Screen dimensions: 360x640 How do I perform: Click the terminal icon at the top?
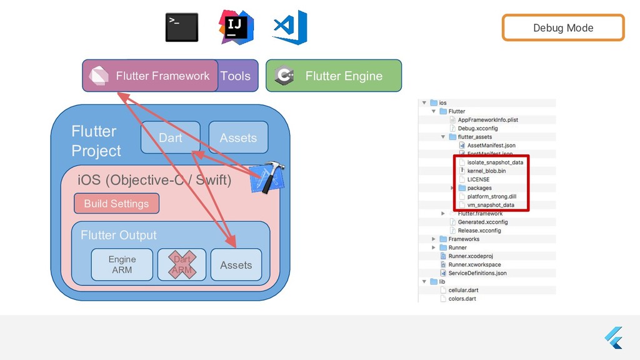(x=182, y=27)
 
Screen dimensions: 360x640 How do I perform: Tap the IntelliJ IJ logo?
(x=236, y=27)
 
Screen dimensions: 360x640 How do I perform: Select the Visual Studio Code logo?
(x=290, y=27)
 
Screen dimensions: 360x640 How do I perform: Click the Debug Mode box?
(x=562, y=27)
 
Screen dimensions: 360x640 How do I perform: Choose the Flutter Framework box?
(x=150, y=76)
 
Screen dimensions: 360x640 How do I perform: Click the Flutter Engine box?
(x=334, y=76)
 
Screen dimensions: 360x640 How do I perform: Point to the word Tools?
(x=236, y=76)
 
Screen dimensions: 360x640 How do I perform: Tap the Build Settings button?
(x=116, y=203)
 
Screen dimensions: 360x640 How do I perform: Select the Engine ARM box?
(x=122, y=264)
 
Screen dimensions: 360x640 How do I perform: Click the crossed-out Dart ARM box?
(x=182, y=264)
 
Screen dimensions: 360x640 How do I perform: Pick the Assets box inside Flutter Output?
(x=236, y=264)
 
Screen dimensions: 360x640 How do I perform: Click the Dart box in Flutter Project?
(x=170, y=137)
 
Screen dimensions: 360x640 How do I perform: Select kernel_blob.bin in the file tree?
(x=486, y=171)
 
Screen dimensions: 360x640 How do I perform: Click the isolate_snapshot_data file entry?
(x=495, y=162)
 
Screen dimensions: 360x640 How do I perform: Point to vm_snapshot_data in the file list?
(x=491, y=205)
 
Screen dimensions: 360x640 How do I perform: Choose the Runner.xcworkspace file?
(x=474, y=264)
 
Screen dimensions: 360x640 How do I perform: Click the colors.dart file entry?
(x=462, y=299)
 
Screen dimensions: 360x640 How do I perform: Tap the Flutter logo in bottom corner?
(x=614, y=338)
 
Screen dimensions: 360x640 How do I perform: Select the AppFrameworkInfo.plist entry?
(x=488, y=119)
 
